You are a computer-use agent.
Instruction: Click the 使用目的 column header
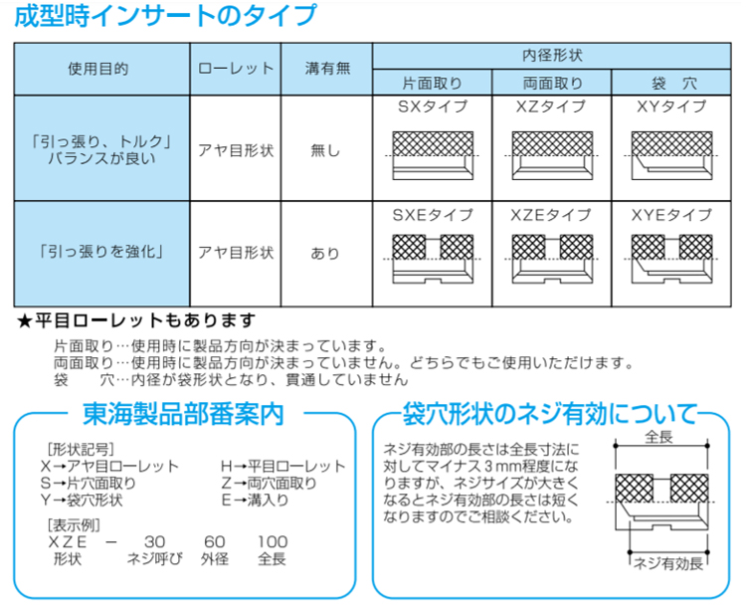click(x=98, y=69)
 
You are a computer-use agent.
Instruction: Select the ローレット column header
click(x=236, y=69)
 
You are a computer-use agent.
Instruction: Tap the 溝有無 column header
click(x=327, y=69)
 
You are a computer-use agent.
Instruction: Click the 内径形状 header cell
click(x=552, y=56)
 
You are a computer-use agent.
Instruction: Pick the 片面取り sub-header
click(x=432, y=84)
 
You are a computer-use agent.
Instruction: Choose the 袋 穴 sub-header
click(x=673, y=84)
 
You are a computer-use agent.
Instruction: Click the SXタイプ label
click(x=433, y=106)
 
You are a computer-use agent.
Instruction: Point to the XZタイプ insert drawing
click(x=552, y=155)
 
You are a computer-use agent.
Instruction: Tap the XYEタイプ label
click(x=671, y=215)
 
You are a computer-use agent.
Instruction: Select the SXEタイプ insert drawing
click(x=433, y=259)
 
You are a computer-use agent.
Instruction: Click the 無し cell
click(x=325, y=151)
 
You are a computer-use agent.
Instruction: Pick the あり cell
click(x=325, y=254)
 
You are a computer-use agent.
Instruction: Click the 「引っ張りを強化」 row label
click(x=101, y=251)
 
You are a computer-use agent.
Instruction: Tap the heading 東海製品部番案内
click(x=184, y=414)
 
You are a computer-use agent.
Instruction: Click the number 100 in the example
click(x=273, y=542)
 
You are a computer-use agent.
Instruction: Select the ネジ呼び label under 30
click(x=154, y=558)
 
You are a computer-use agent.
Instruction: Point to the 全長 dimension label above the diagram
click(x=659, y=436)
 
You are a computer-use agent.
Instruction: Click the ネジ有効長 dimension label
click(x=668, y=564)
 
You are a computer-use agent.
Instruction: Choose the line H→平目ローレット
click(x=283, y=466)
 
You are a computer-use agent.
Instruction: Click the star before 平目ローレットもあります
click(x=24, y=321)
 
